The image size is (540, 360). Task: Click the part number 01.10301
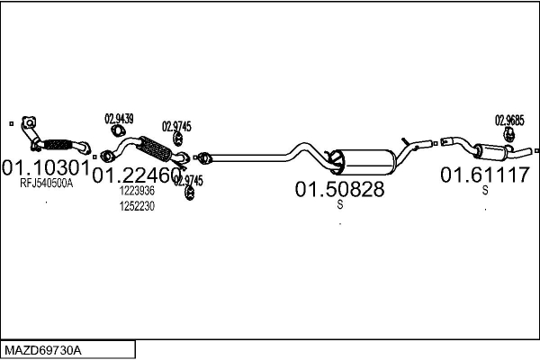pyautogui.click(x=46, y=167)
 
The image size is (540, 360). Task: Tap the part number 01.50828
pyautogui.click(x=339, y=189)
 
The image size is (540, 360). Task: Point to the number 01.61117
pyautogui.click(x=484, y=175)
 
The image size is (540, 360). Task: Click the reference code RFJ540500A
pyautogui.click(x=46, y=184)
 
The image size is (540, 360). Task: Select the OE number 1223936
pyautogui.click(x=137, y=191)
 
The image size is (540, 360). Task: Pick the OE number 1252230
pyautogui.click(x=137, y=205)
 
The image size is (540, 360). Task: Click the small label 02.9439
pyautogui.click(x=119, y=118)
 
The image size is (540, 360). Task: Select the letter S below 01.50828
pyautogui.click(x=339, y=205)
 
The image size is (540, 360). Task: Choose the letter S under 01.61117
pyautogui.click(x=485, y=191)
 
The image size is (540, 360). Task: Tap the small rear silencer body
pyautogui.click(x=489, y=150)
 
